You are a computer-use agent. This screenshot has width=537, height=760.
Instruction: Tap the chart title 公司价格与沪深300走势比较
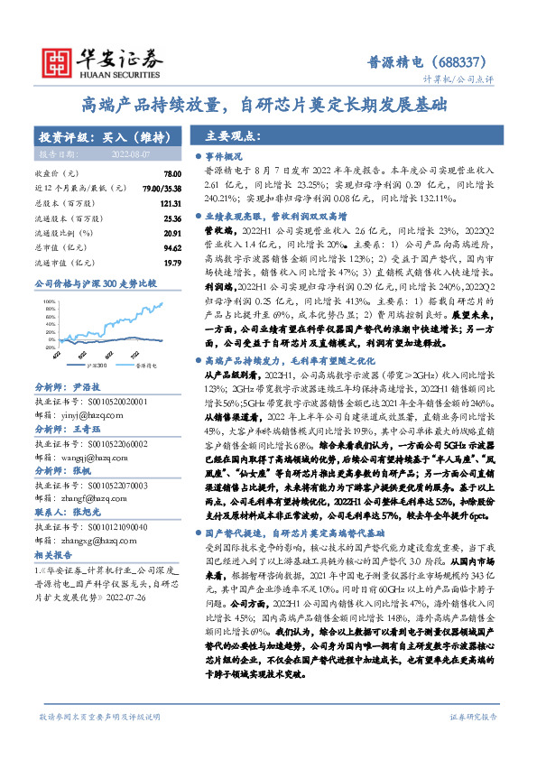pyautogui.click(x=95, y=283)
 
